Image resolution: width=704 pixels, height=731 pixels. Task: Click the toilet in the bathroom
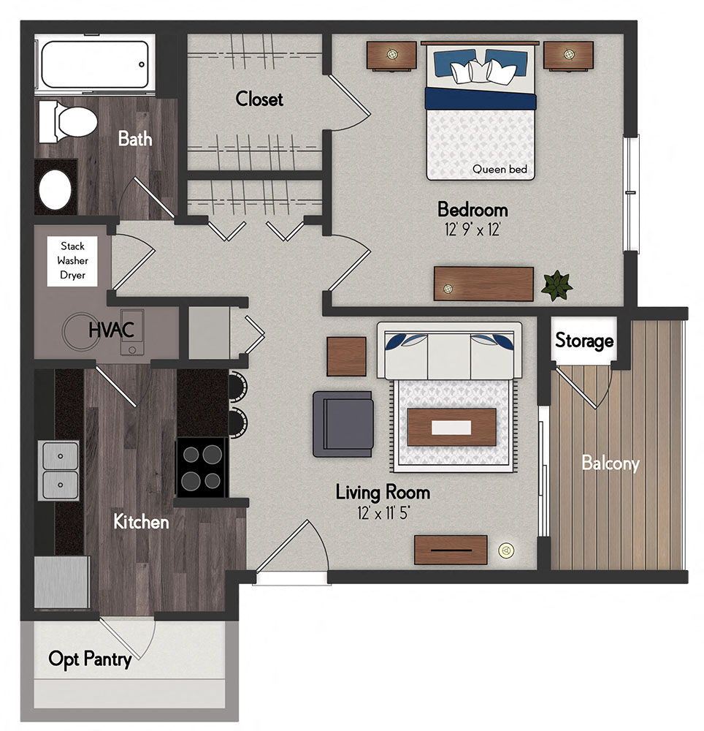[x=69, y=121]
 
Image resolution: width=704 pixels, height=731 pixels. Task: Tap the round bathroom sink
[x=54, y=187]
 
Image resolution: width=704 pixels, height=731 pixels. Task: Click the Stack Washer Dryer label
[x=72, y=261]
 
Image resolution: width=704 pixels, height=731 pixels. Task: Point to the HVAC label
[x=111, y=330]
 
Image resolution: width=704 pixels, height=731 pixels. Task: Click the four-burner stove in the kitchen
[x=201, y=467]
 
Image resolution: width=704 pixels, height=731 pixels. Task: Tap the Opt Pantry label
[x=90, y=659]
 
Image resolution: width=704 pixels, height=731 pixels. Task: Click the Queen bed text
[x=500, y=169]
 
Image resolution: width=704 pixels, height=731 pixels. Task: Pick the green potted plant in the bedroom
[x=557, y=285]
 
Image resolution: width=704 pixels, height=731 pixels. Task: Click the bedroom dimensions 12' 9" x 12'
[x=472, y=230]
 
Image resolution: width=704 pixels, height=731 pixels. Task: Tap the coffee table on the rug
[x=451, y=427]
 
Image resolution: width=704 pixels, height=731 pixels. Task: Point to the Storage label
[x=584, y=341]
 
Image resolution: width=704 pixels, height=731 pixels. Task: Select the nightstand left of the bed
[x=391, y=55]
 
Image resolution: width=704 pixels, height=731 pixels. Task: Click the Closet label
[x=259, y=99]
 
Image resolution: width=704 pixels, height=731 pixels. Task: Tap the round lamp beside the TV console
[x=505, y=550]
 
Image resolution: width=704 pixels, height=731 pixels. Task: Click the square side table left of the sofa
[x=346, y=356]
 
